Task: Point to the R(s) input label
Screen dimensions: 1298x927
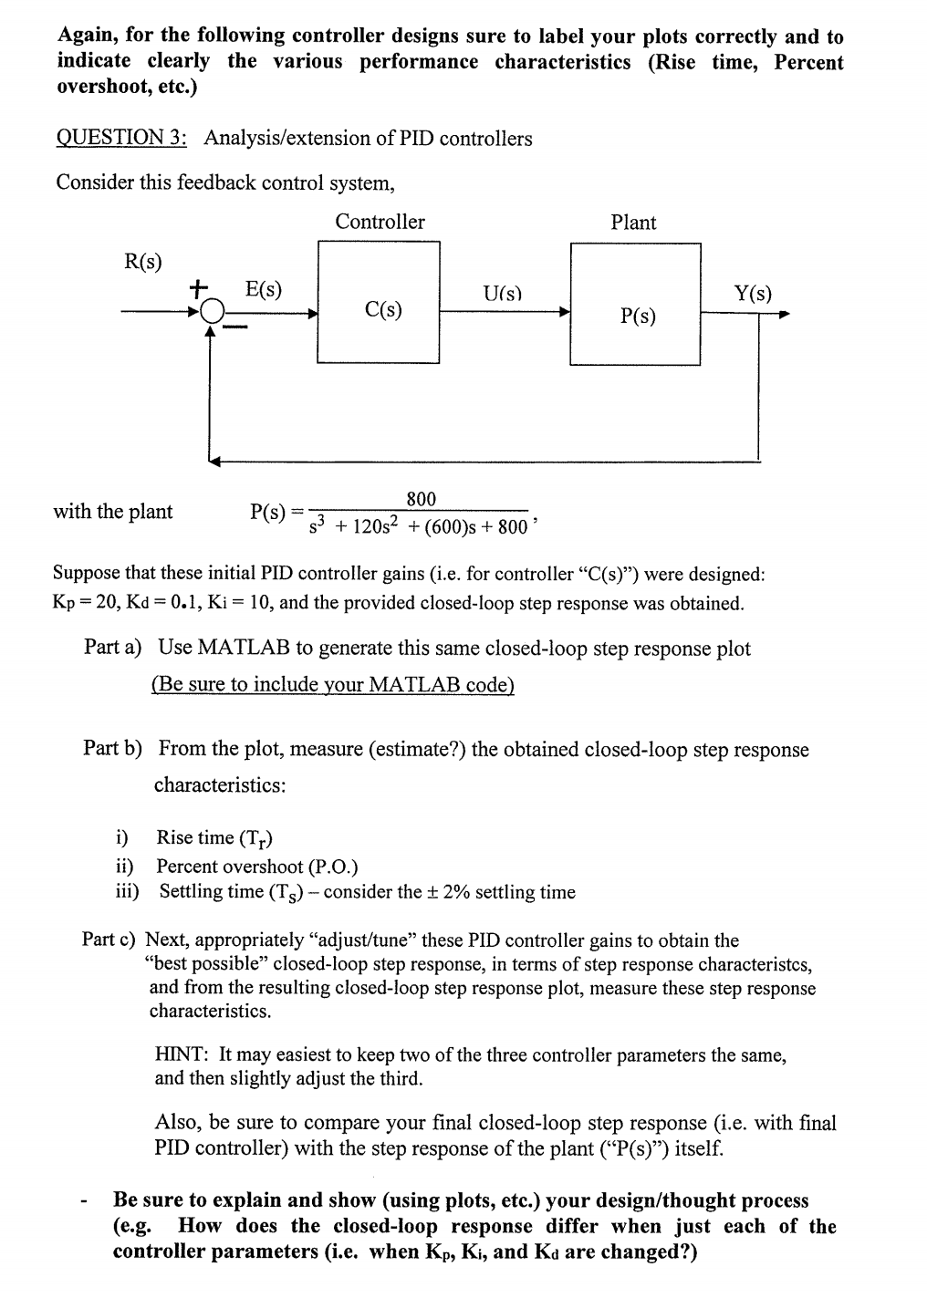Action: [x=142, y=262]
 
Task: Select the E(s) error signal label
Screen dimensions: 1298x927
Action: [x=264, y=290]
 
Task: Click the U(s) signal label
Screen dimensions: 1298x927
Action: [x=502, y=293]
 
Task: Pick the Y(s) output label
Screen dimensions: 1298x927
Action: [x=753, y=293]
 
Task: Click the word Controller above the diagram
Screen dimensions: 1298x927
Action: [x=380, y=222]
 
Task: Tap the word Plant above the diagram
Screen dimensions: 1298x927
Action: [x=633, y=223]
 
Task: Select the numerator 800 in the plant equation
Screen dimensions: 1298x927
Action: [x=421, y=499]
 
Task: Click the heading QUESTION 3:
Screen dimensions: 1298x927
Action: [x=122, y=139]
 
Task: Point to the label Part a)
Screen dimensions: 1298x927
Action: [x=112, y=648]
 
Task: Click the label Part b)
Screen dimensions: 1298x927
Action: [x=112, y=749]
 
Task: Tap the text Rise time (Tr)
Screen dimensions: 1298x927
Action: [x=214, y=838]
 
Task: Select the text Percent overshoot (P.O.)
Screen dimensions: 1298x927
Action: [x=257, y=867]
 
